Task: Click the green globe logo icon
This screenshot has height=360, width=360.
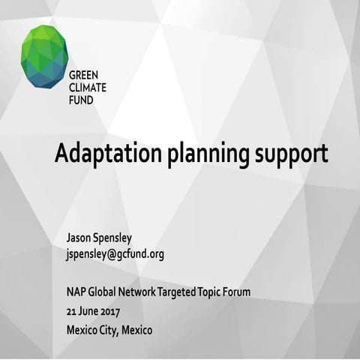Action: (x=44, y=56)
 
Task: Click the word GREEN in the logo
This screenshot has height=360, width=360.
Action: (x=83, y=75)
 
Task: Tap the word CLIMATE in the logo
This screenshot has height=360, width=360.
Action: (x=87, y=87)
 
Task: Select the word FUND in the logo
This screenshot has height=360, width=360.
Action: (x=80, y=99)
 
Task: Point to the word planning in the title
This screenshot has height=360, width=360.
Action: (x=210, y=155)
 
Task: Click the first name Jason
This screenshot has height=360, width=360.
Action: (x=79, y=238)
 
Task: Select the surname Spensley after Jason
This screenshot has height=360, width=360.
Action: (x=119, y=238)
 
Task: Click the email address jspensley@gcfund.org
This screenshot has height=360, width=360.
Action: (x=115, y=254)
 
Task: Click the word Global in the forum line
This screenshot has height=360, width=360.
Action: (x=105, y=292)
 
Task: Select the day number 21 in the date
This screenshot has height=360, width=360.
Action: (x=71, y=310)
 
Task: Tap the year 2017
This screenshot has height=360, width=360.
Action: (x=110, y=310)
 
